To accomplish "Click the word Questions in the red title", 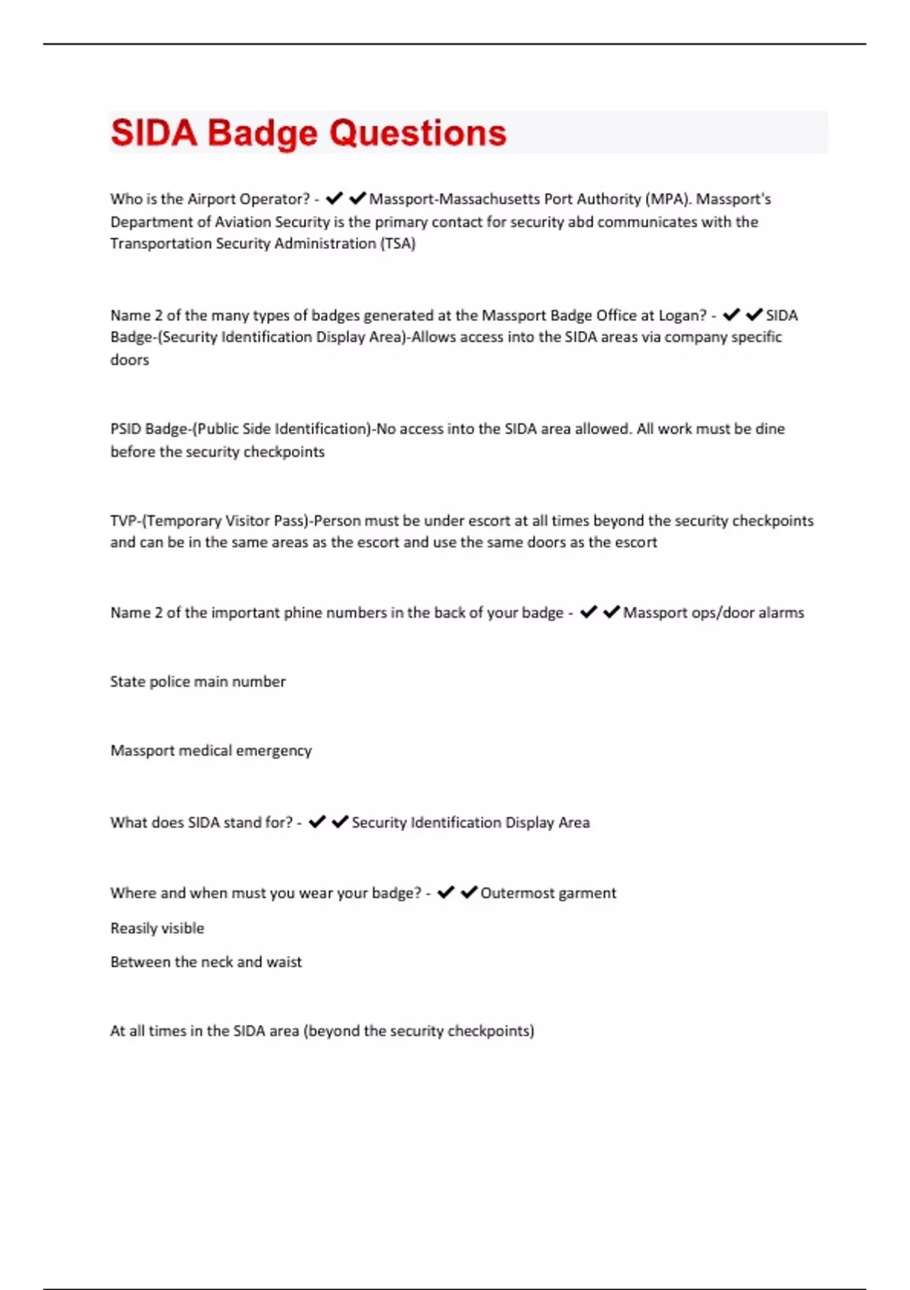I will point(418,134).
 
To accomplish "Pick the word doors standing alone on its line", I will point(130,360).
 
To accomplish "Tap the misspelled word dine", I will point(770,429).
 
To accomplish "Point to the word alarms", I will point(780,612).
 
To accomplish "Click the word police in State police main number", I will point(170,681).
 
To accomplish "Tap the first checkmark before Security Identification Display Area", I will point(317,822).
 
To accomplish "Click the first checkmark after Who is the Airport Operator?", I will point(334,199).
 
